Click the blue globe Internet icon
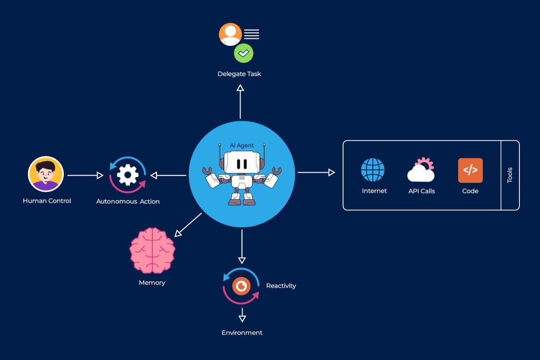click(373, 170)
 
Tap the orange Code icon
click(470, 170)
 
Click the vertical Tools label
click(509, 176)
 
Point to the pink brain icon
click(152, 250)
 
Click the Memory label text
click(152, 283)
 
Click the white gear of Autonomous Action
click(128, 175)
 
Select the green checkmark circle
click(244, 53)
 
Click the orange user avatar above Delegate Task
click(230, 34)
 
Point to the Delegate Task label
click(239, 74)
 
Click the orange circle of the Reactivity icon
click(242, 286)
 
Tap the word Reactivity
click(281, 286)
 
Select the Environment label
click(242, 333)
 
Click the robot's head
click(241, 163)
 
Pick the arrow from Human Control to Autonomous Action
click(84, 175)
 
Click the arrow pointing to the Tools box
click(315, 172)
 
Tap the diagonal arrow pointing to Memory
click(188, 224)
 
